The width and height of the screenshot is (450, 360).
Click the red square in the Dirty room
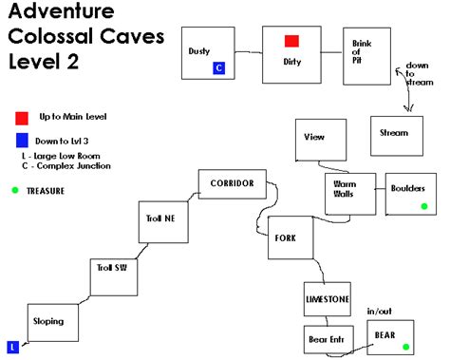(x=292, y=41)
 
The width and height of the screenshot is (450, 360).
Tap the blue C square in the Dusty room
(x=218, y=67)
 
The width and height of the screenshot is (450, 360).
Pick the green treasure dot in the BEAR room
(x=405, y=347)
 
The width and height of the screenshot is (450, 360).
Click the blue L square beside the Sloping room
(x=13, y=347)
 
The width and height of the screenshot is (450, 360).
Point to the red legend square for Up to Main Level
(x=21, y=117)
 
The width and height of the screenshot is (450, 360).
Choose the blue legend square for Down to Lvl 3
(x=21, y=142)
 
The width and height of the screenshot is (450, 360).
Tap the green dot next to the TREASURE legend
(x=15, y=191)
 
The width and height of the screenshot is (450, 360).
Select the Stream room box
(x=392, y=135)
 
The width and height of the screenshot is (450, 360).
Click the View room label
(x=314, y=137)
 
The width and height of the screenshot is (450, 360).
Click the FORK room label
(x=289, y=238)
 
